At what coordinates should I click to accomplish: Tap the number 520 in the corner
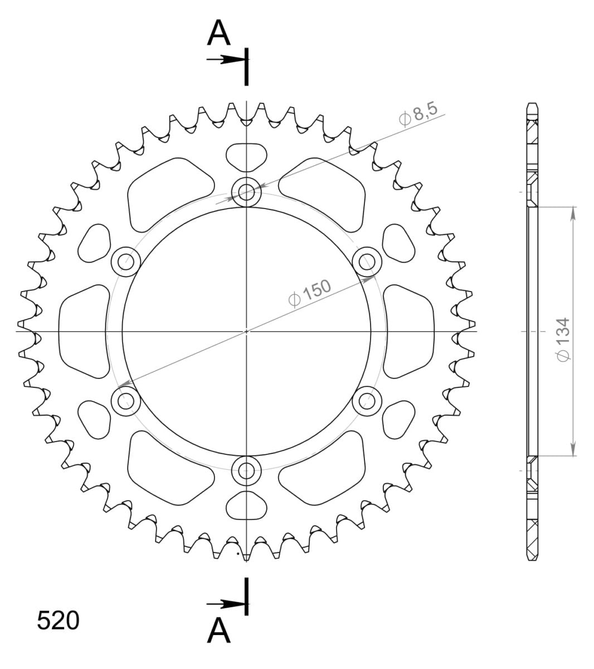tap(58, 620)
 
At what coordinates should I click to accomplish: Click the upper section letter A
tap(218, 34)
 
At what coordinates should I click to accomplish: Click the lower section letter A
tap(218, 631)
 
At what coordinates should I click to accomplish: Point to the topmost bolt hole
tap(246, 192)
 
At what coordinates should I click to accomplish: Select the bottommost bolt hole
tap(246, 470)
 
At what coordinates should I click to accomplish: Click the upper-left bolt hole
tap(126, 261)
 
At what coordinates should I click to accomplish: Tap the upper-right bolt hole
tap(367, 261)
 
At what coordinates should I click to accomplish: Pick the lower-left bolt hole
tap(126, 400)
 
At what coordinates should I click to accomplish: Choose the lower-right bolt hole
tap(367, 400)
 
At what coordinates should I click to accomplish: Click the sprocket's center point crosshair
tap(246, 331)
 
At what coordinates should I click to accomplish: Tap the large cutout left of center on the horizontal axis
tap(84, 331)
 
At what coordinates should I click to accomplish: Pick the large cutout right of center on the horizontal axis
tap(408, 331)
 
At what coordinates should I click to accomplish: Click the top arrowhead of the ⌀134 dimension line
tap(573, 211)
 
